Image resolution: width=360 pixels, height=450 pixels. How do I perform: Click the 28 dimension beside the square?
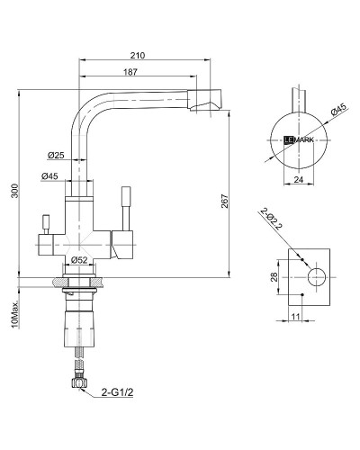(273, 278)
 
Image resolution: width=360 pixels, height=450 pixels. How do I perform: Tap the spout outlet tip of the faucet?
(205, 104)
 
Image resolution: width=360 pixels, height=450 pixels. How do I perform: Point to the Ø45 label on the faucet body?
(50, 176)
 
